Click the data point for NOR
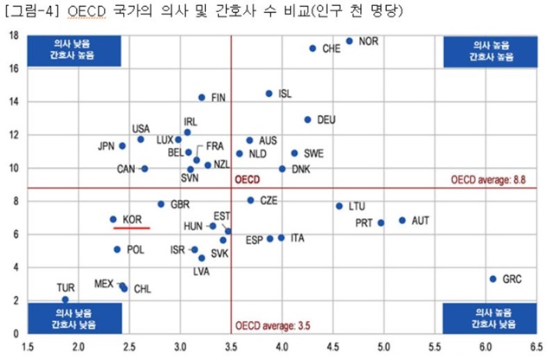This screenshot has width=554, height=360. coord(350,41)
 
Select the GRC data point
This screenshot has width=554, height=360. coord(493,279)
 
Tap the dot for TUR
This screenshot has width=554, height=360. coord(66,299)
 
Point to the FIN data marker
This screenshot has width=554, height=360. coord(202,98)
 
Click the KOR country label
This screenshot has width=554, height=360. coord(132,220)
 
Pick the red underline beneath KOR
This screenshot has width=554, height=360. coord(132,228)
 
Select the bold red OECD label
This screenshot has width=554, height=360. coord(247,181)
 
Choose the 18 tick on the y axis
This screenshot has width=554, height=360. coord(15,35)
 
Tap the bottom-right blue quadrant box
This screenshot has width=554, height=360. coord(491,316)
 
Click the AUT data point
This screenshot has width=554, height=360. coord(403,220)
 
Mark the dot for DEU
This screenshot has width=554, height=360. coord(307,119)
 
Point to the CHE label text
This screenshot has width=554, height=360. coord(331,49)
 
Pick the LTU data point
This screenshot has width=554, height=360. coord(339,206)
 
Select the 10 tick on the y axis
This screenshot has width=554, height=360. coord(15,168)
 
